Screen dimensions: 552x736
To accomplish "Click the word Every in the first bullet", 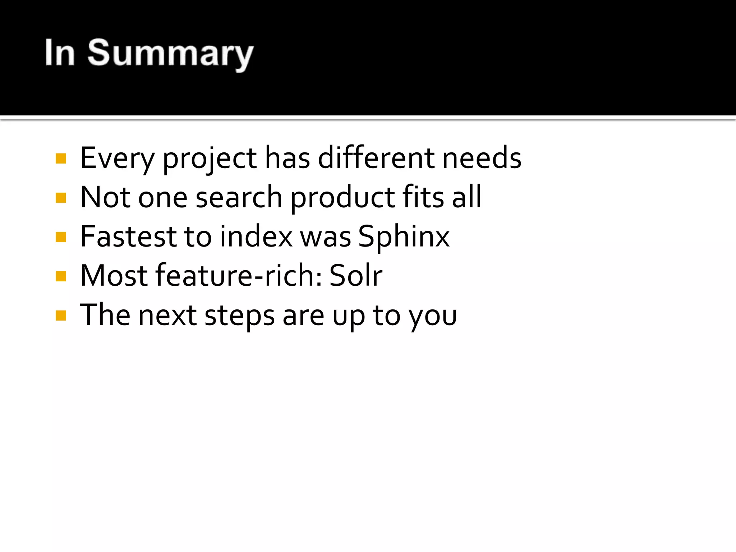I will [x=117, y=158].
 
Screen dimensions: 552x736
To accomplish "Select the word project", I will [x=210, y=158].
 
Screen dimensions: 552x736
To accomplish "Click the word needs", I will [x=482, y=158].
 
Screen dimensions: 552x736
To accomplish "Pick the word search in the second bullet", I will [x=239, y=197].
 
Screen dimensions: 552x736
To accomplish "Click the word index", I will [x=257, y=236].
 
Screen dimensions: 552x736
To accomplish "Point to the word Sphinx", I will [x=404, y=237].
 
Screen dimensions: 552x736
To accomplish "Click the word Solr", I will [x=356, y=275].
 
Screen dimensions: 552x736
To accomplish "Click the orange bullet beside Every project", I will [x=61, y=158].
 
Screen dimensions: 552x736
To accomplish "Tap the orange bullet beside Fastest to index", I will [x=61, y=237].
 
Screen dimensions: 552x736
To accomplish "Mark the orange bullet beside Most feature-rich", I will [x=61, y=276].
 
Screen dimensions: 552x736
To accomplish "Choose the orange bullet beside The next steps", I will [x=61, y=316].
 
